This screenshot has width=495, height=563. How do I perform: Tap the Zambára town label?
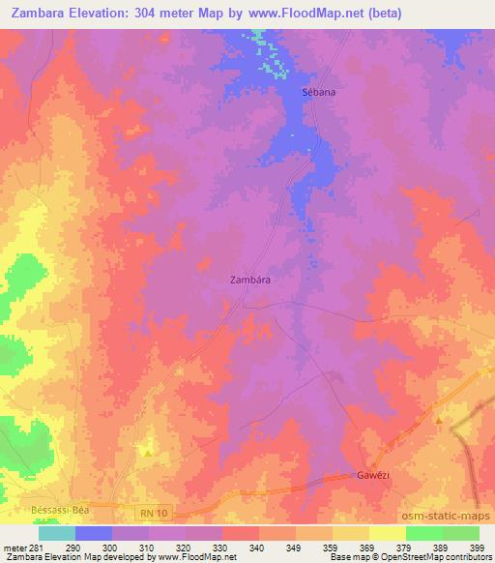249,279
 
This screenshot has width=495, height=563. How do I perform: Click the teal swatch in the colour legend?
57,533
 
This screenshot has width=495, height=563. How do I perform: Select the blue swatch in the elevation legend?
94,533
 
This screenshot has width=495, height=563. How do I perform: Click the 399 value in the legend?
478,547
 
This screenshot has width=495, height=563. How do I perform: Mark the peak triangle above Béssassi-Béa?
147,452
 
